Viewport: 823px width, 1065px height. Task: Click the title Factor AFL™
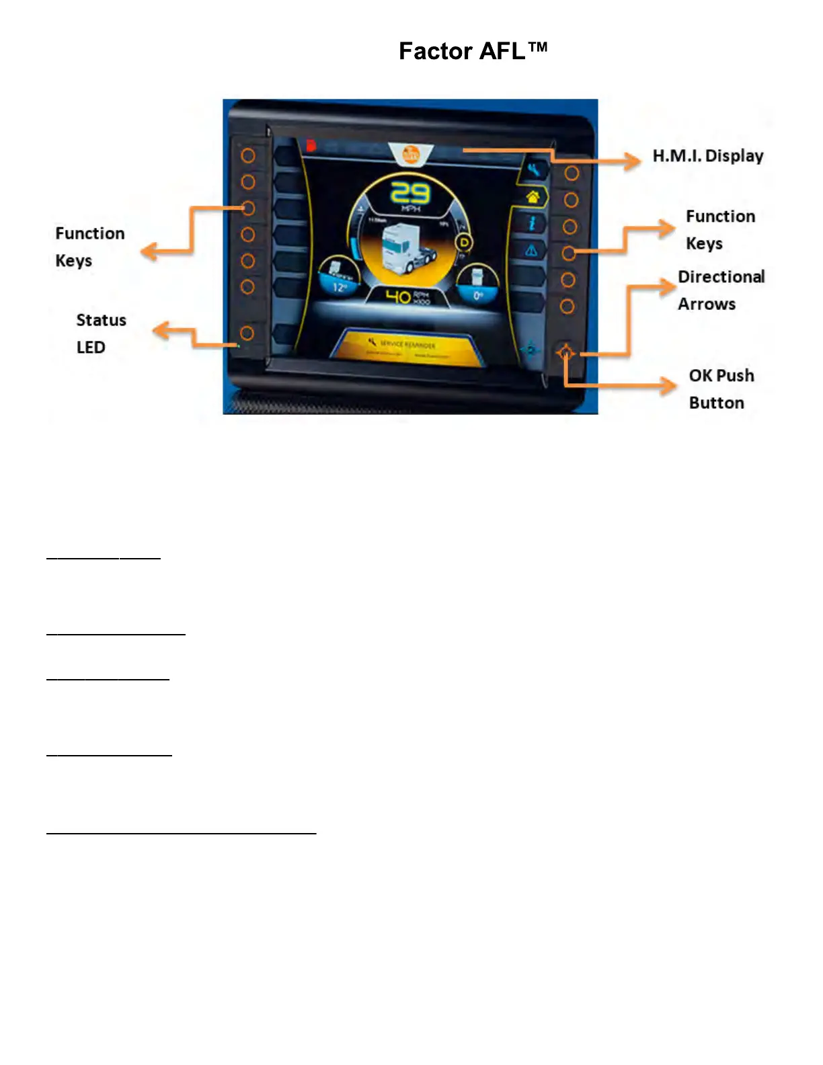click(x=473, y=51)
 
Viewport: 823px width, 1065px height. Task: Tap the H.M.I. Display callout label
click(x=707, y=156)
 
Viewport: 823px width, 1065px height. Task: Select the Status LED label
click(x=101, y=333)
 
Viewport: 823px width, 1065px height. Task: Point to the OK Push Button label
click(x=721, y=389)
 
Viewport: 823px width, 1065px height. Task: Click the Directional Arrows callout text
click(x=721, y=290)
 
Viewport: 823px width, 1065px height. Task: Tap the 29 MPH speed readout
click(x=410, y=194)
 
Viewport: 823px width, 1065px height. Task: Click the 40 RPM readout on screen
click(x=407, y=297)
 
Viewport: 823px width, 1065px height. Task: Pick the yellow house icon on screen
click(x=533, y=197)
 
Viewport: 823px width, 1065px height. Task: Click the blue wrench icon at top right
click(x=534, y=170)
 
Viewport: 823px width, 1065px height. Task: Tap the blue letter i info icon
click(x=532, y=223)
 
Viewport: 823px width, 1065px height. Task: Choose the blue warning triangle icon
click(x=531, y=251)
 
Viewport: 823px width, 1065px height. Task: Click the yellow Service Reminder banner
click(x=409, y=347)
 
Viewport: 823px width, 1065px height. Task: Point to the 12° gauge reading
click(x=340, y=287)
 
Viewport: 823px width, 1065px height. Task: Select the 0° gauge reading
click(x=478, y=295)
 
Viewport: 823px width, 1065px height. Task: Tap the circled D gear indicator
click(x=464, y=242)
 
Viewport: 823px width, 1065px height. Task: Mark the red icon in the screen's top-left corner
click(x=311, y=145)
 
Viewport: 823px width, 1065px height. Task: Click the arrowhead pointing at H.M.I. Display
click(x=632, y=160)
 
